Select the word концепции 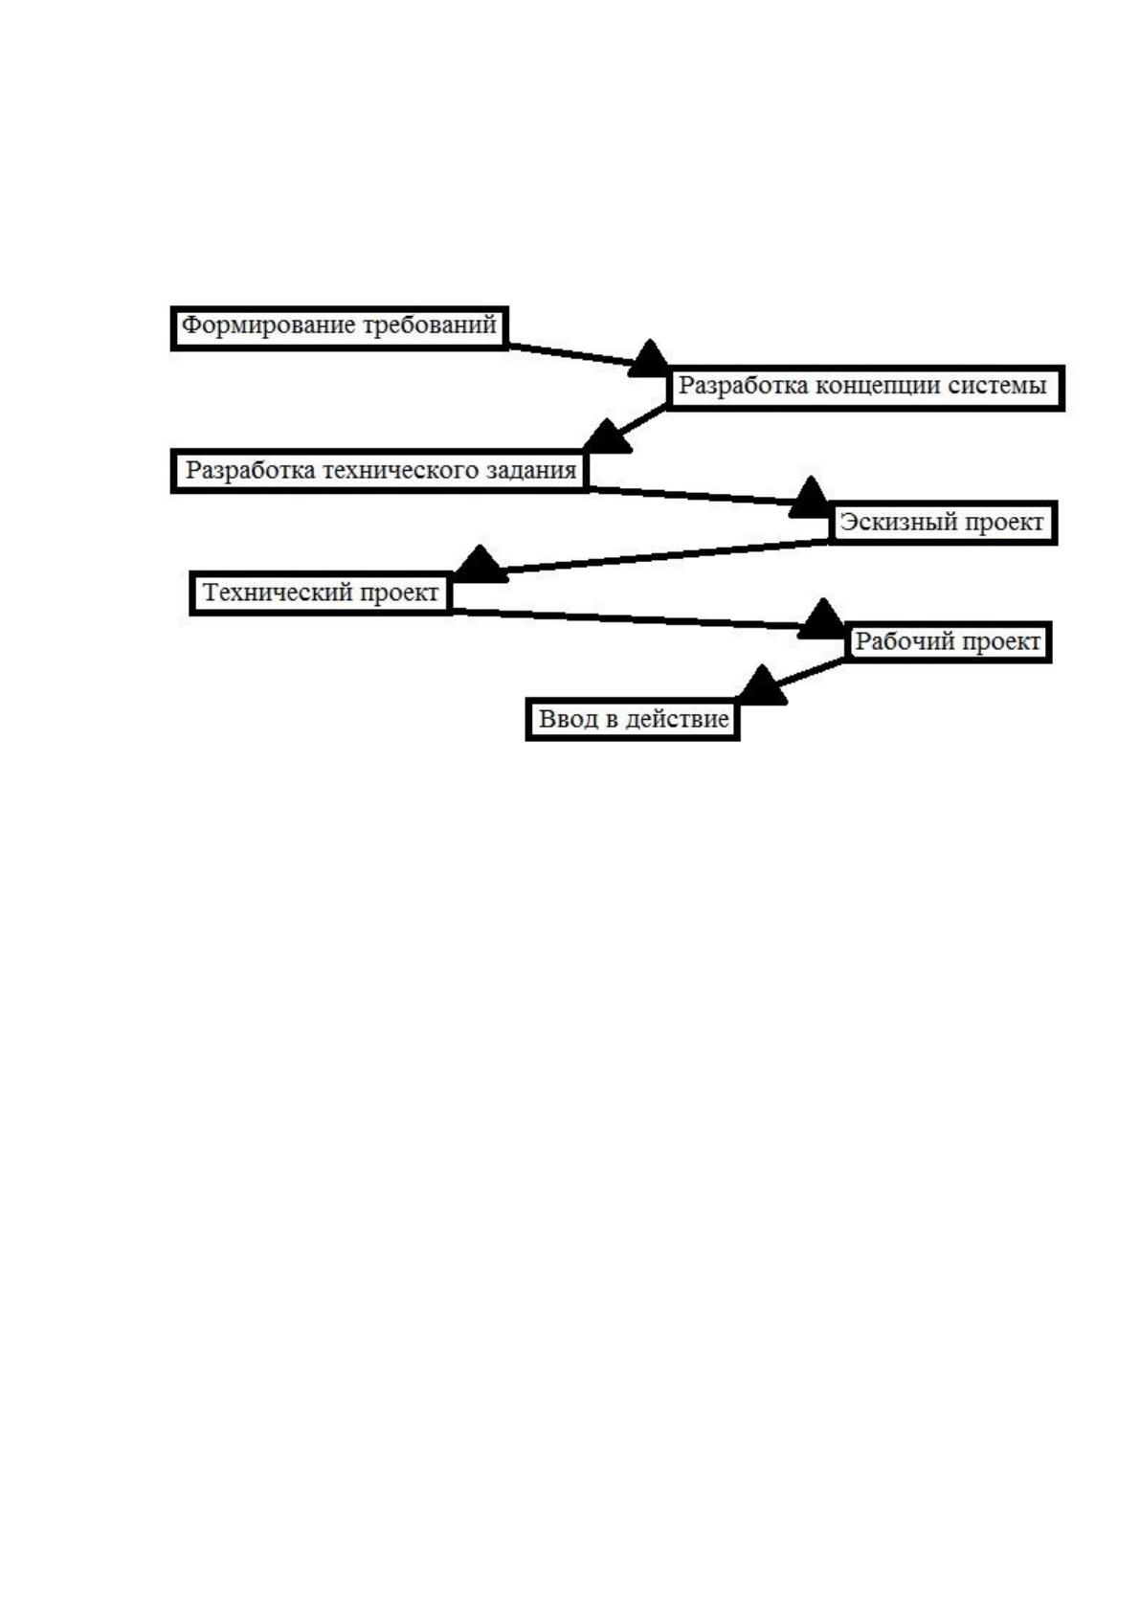click(x=878, y=387)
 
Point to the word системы click(x=996, y=387)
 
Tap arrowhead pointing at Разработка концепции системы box click(x=649, y=358)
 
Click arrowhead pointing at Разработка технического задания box click(x=607, y=437)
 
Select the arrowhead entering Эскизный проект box click(x=810, y=497)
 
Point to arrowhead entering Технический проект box click(x=481, y=564)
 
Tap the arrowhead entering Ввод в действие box click(x=762, y=684)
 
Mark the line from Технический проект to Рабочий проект click(x=625, y=619)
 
